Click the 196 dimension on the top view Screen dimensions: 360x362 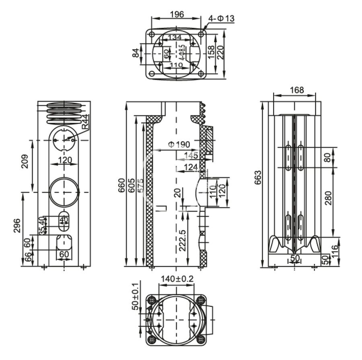177,14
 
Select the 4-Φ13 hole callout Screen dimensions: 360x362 221,18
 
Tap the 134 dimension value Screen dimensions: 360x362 175,37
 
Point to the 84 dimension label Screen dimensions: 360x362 136,52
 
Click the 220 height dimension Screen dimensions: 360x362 221,52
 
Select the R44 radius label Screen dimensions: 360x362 85,122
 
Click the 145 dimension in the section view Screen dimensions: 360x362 190,156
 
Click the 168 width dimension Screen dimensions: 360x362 297,90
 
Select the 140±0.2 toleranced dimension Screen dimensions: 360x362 177,278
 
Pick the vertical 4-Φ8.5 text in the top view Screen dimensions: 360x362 182,52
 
